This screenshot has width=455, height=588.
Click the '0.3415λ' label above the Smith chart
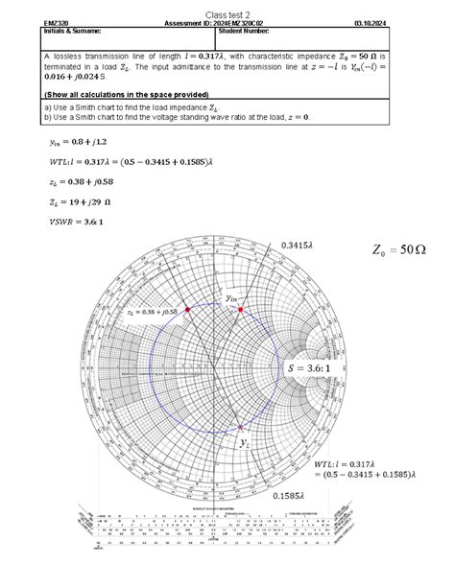[x=299, y=247]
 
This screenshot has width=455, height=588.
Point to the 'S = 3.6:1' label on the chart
[x=305, y=367]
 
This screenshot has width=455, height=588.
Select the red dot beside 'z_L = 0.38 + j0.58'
[x=188, y=311]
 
